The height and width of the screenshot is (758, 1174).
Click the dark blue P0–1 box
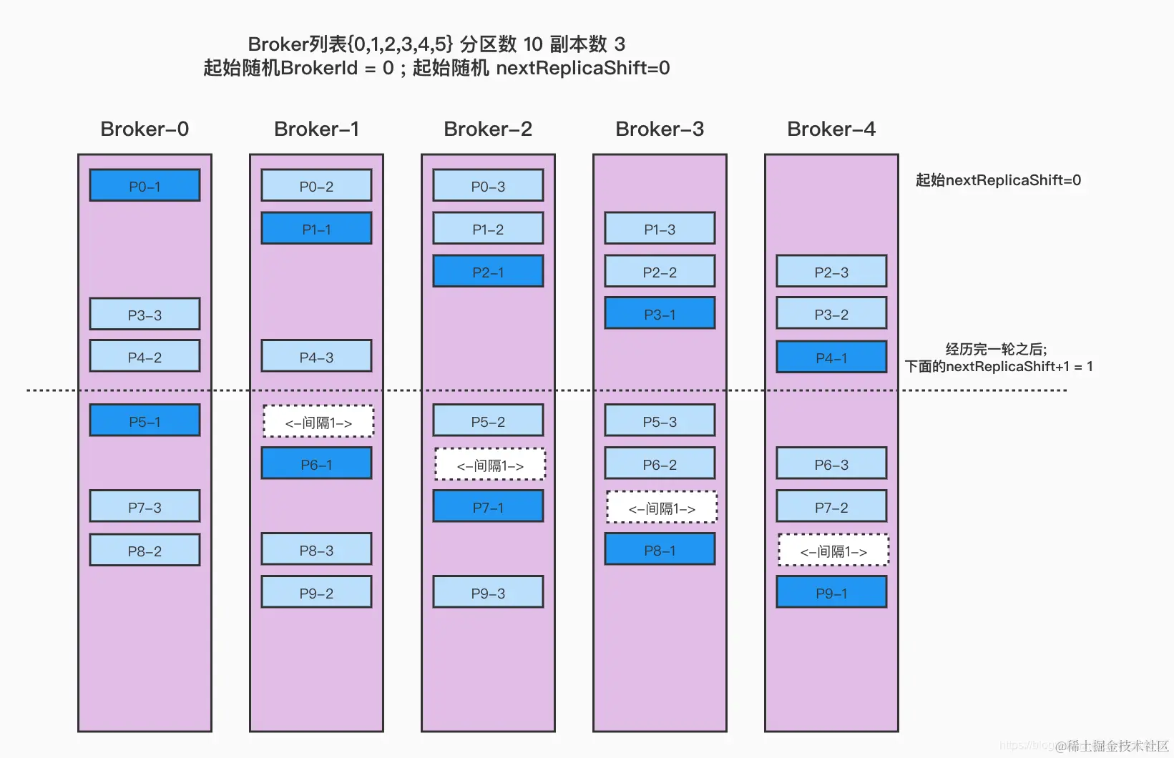pos(145,186)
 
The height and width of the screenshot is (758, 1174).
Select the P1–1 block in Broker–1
pos(316,229)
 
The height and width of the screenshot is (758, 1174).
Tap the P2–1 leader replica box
pos(488,272)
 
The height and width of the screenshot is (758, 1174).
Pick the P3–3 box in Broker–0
pos(145,315)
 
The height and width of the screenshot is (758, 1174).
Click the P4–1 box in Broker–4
pos(831,358)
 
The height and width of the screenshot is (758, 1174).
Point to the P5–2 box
pos(488,421)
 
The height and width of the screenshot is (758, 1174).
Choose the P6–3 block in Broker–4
pos(831,464)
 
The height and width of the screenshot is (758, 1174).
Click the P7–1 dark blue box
pos(488,507)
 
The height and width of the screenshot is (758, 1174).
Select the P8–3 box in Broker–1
pos(316,550)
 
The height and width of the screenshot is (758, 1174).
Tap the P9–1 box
pos(831,593)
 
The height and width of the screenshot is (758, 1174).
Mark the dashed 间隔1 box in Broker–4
pos(833,551)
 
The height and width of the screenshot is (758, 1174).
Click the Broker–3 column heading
pos(660,129)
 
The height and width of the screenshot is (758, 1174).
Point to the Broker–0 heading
pos(145,129)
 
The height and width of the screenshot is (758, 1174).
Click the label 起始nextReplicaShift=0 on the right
pos(998,180)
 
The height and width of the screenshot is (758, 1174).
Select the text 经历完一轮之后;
pos(996,349)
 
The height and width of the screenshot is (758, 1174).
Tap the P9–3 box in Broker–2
pos(488,593)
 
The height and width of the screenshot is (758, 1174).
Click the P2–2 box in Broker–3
pos(660,272)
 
